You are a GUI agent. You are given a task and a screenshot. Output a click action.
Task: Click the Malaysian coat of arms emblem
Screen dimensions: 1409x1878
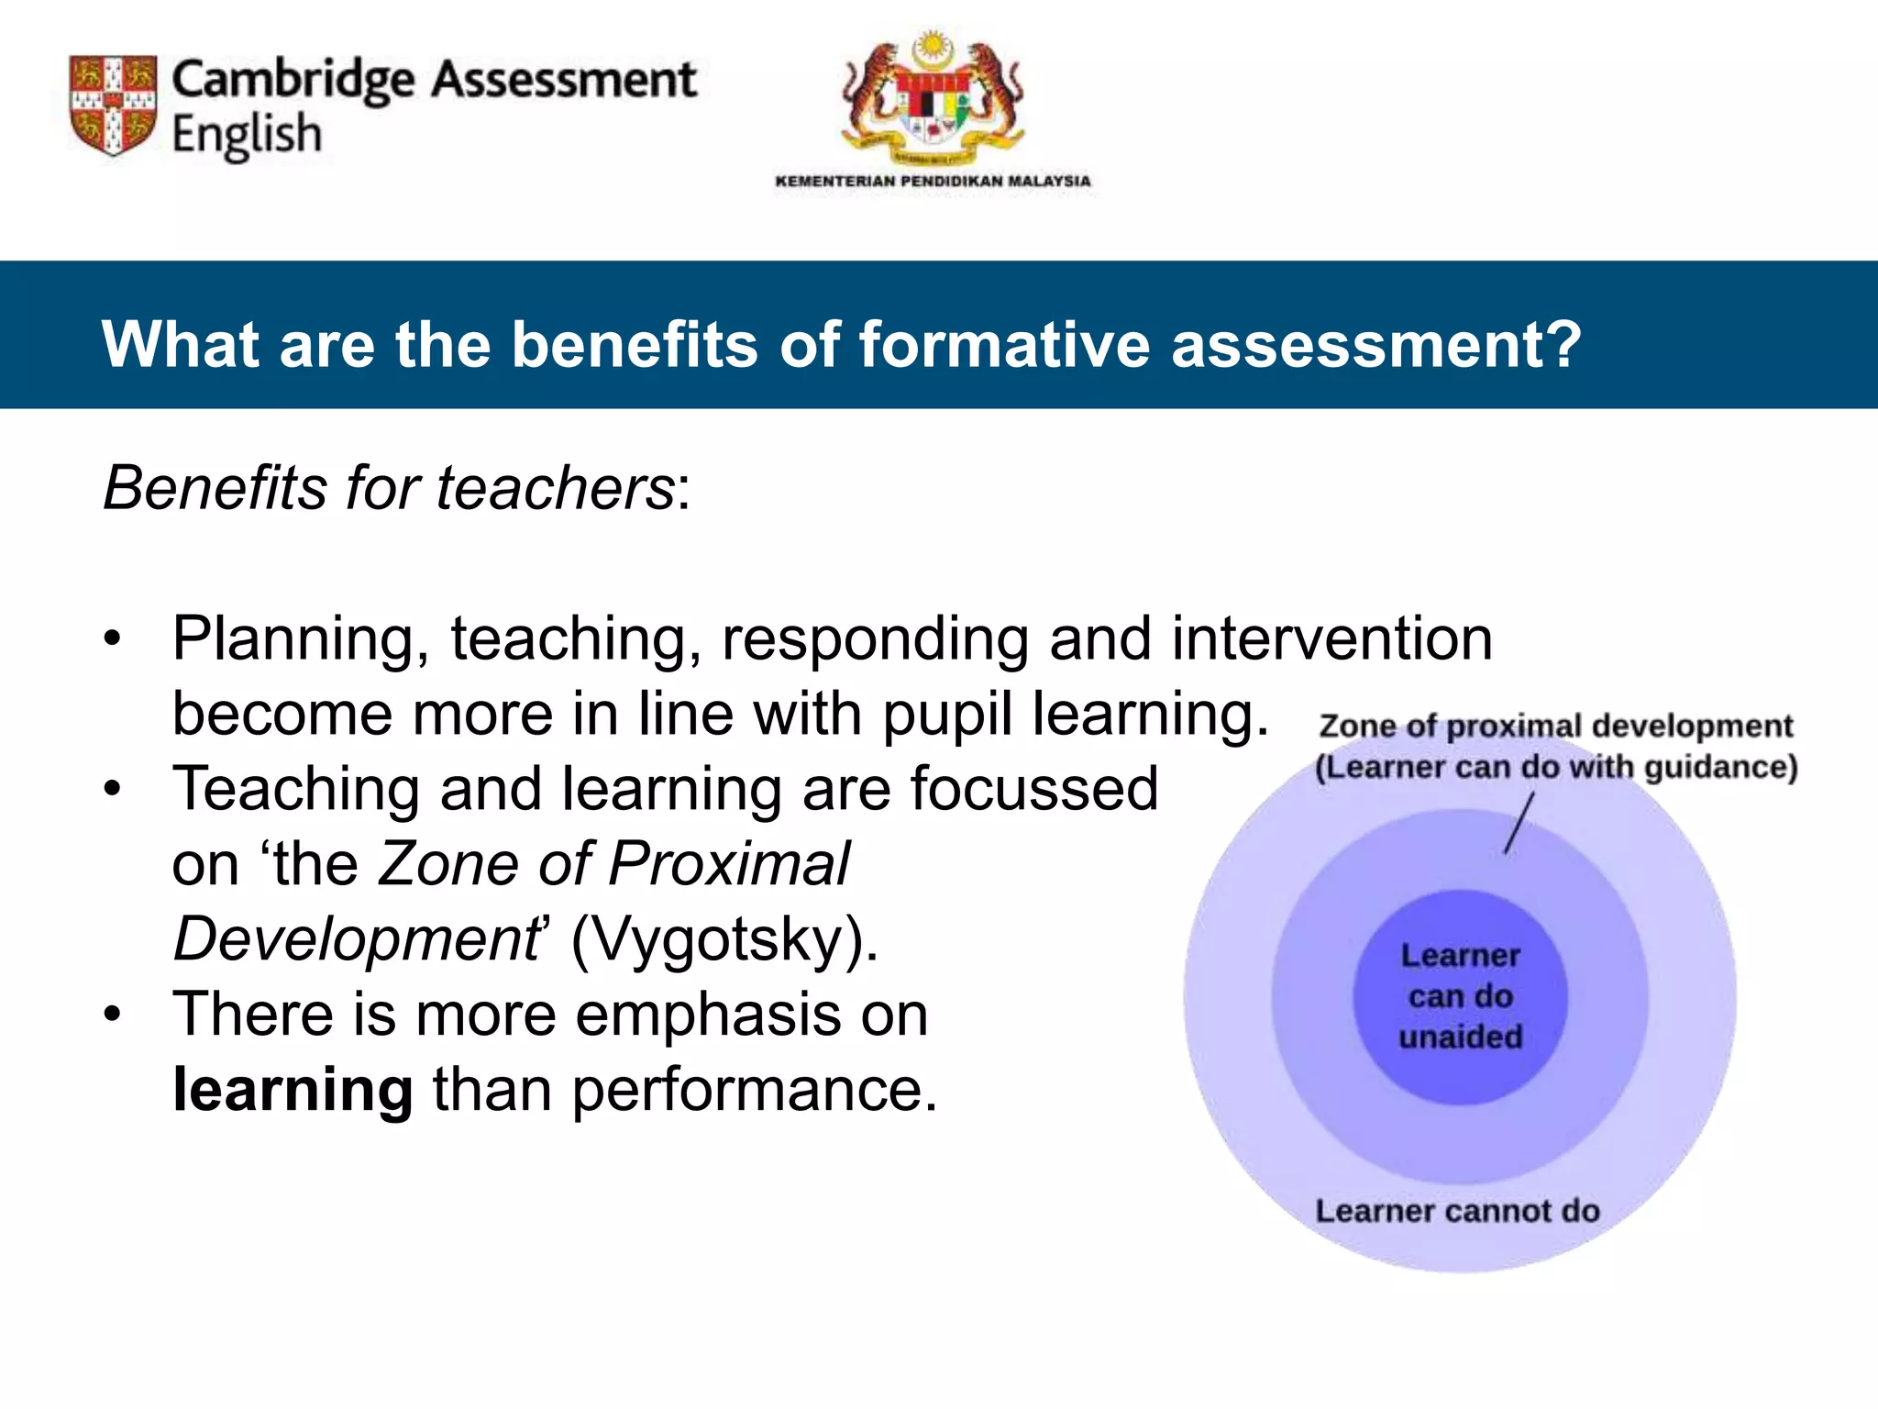(933, 96)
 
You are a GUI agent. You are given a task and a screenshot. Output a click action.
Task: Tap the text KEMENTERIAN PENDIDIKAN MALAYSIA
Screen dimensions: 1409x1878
(933, 181)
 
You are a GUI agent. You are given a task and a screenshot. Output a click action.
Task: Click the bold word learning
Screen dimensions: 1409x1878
(293, 1091)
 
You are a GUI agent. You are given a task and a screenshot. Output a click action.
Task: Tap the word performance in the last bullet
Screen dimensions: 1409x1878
(755, 1091)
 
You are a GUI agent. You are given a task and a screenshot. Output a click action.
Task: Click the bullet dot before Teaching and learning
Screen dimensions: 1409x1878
(112, 789)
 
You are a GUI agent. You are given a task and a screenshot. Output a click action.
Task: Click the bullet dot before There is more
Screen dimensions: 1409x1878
(112, 1015)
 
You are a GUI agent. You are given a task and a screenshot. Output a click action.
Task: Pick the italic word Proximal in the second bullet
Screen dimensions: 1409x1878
(728, 864)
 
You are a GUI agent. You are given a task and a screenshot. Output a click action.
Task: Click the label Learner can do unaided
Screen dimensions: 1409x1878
(1460, 996)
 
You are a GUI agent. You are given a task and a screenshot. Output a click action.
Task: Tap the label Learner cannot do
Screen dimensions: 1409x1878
(1457, 1211)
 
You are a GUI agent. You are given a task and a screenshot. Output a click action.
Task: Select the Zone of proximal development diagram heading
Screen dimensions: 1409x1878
(1555, 727)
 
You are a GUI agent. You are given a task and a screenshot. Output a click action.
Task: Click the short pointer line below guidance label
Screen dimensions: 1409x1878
(1519, 824)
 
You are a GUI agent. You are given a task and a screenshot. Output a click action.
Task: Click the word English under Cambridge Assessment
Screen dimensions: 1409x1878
(247, 136)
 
